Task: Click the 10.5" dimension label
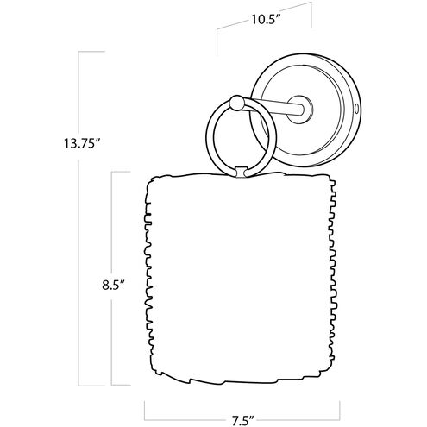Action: pos(266,20)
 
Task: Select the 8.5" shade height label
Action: pos(113,286)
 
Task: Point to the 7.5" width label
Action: pos(242,421)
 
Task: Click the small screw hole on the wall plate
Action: pos(357,109)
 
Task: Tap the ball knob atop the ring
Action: pos(236,103)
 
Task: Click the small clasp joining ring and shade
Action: pos(241,172)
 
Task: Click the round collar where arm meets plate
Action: pos(300,107)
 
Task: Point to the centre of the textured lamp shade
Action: pos(240,278)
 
